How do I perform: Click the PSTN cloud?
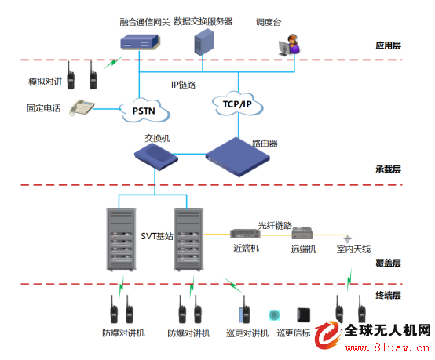[x=144, y=111]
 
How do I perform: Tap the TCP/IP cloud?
[x=237, y=104]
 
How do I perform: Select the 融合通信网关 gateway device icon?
[x=140, y=42]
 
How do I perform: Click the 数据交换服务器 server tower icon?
[x=204, y=42]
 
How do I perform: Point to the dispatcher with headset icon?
[x=290, y=45]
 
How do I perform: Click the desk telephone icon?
[x=82, y=107]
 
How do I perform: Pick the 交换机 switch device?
[x=156, y=157]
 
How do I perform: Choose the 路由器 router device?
[x=237, y=157]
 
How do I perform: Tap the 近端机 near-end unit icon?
[x=245, y=234]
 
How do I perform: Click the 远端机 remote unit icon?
[x=302, y=233]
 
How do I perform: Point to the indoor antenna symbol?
[x=348, y=238]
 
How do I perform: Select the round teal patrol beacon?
[x=274, y=315]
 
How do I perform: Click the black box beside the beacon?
[x=304, y=315]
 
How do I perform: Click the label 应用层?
[x=388, y=45]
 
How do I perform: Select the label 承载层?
[x=388, y=169]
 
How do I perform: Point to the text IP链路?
[x=184, y=85]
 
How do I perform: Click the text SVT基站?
[x=157, y=236]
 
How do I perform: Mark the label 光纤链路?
[x=275, y=225]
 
